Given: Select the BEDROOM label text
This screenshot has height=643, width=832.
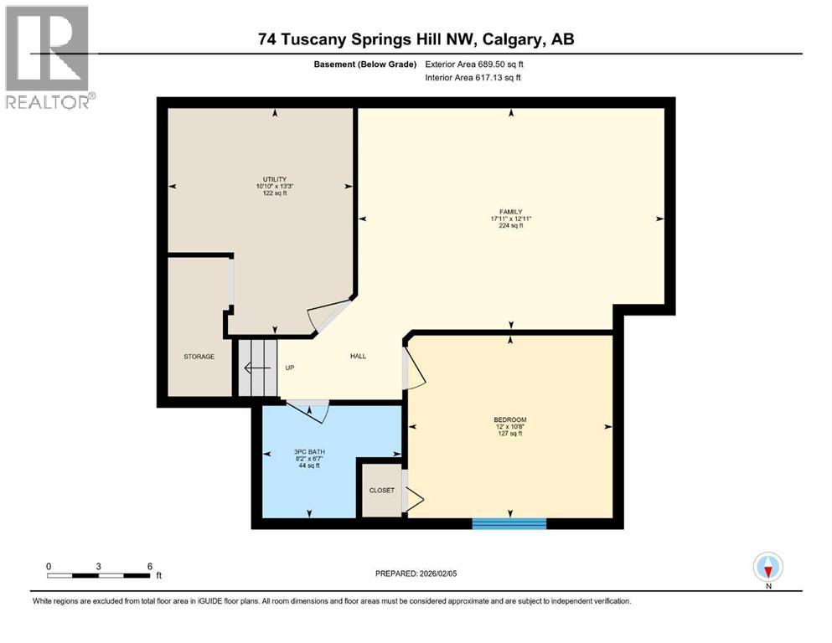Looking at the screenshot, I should coord(509,419).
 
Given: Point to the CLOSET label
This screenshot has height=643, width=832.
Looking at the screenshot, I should coord(381,490).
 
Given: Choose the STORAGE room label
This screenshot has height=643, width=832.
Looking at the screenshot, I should coord(199,357).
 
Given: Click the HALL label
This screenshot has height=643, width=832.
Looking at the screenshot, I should coord(358,356).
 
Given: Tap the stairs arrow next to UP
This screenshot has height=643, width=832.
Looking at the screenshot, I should coord(254,368).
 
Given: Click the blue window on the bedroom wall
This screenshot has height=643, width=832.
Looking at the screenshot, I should coord(509,523).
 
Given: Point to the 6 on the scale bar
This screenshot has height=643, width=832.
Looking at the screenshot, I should coord(149,566).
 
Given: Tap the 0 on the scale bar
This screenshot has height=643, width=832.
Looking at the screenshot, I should coord(49,566).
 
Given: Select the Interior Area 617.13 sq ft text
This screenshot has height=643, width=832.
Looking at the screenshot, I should coord(473,78).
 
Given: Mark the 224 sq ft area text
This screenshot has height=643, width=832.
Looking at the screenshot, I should coord(511,226).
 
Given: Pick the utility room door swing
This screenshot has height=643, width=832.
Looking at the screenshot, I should coord(327,316).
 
